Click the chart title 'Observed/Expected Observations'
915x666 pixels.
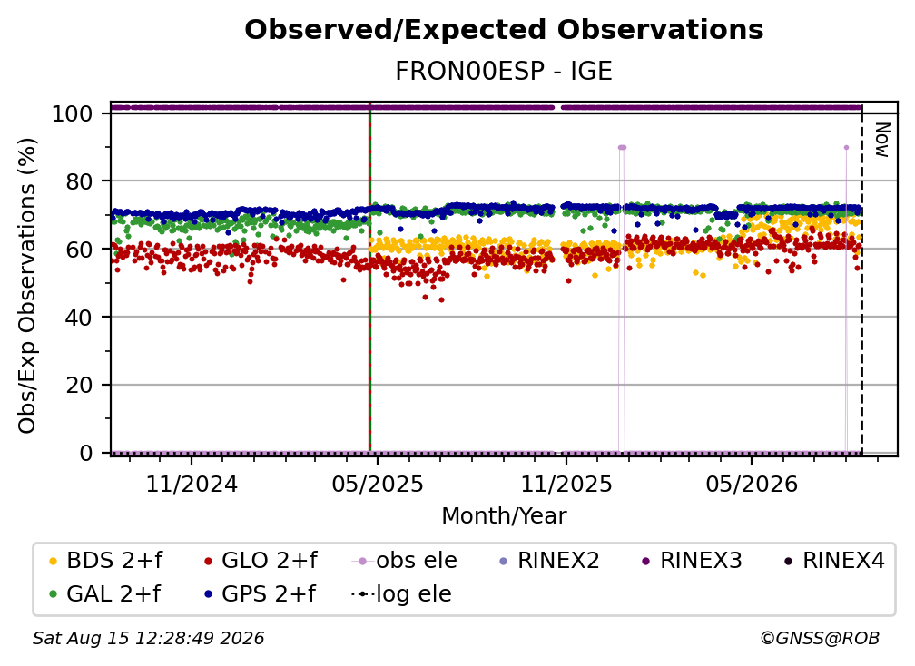click(x=504, y=30)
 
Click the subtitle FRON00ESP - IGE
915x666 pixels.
click(x=504, y=71)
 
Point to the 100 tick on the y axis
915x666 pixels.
click(x=72, y=113)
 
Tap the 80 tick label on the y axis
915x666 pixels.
click(x=79, y=181)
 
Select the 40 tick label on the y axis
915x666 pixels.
click(x=79, y=318)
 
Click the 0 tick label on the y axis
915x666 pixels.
click(x=85, y=453)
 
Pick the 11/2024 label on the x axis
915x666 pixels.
click(x=192, y=484)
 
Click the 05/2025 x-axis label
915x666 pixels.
click(x=378, y=484)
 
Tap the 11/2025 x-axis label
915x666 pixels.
click(x=566, y=484)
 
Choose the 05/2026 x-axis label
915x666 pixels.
click(x=752, y=484)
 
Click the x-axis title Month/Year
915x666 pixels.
click(x=504, y=516)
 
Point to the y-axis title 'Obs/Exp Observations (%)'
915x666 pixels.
click(x=27, y=285)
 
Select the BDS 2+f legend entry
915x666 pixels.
click(x=105, y=561)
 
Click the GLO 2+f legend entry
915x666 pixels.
click(x=261, y=561)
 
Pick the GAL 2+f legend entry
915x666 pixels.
click(x=104, y=593)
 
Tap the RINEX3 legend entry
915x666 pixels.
click(x=692, y=561)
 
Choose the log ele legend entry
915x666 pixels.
click(x=401, y=593)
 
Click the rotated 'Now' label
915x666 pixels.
click(x=881, y=140)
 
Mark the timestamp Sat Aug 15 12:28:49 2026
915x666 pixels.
click(x=148, y=638)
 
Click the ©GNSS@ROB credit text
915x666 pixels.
click(x=820, y=638)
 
